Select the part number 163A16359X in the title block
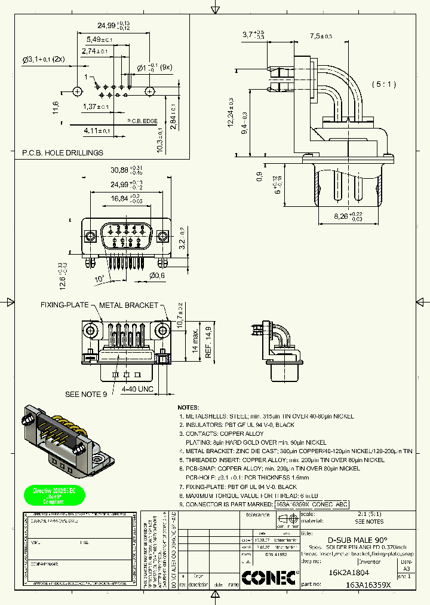(367, 585)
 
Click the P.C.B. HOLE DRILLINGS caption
(63, 152)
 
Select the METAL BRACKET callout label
(128, 305)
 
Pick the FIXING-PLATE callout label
(64, 305)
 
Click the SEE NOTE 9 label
(86, 394)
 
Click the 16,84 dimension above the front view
(116, 198)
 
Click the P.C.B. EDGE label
(142, 121)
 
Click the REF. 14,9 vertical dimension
(208, 342)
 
